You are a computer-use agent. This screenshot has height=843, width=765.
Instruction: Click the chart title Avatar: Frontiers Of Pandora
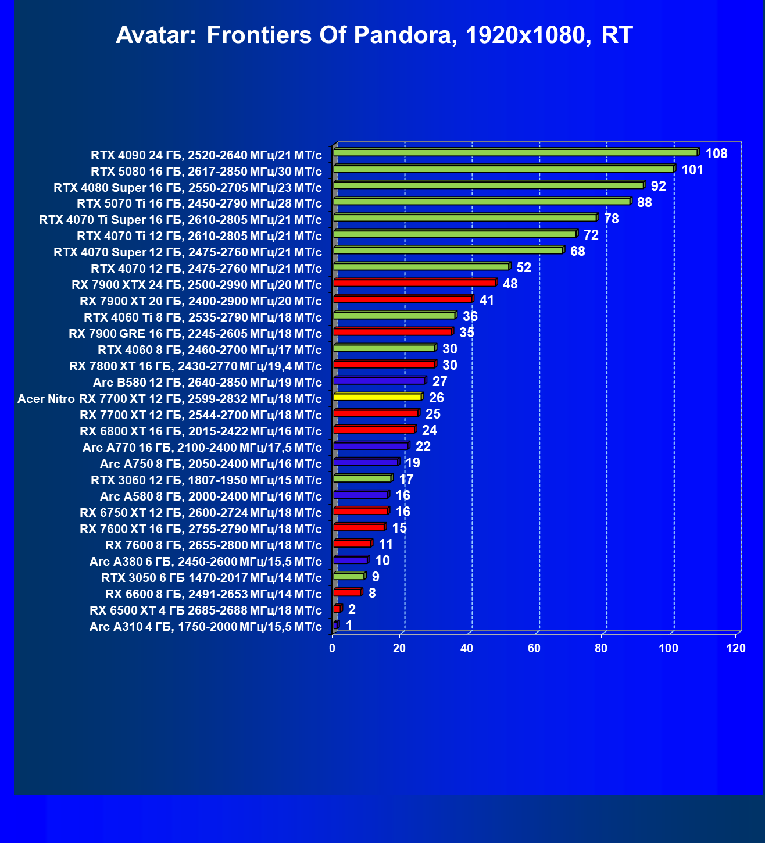(x=374, y=35)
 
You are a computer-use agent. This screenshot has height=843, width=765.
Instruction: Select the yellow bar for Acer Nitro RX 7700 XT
(x=378, y=397)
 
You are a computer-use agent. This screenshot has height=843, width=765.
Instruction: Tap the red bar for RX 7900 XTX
(x=414, y=283)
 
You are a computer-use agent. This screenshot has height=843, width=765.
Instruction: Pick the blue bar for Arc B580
(x=380, y=381)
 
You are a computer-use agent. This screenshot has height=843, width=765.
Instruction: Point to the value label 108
(x=716, y=153)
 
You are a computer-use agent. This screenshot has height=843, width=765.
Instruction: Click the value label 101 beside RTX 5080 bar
(x=692, y=170)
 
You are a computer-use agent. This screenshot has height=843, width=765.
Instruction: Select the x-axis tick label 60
(x=534, y=648)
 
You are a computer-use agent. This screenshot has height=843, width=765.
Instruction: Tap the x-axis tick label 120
(x=736, y=648)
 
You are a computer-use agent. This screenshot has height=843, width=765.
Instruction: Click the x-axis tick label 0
(x=333, y=648)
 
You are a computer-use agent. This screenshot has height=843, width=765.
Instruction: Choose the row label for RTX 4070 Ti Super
(x=180, y=220)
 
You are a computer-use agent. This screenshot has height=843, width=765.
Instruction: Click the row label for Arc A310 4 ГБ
(x=205, y=627)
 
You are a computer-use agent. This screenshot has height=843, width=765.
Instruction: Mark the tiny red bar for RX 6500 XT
(x=337, y=609)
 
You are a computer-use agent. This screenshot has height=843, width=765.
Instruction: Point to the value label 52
(x=524, y=267)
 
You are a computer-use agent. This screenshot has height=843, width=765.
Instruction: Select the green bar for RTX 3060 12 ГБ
(x=363, y=478)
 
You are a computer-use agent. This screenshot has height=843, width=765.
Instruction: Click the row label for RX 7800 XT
(x=195, y=366)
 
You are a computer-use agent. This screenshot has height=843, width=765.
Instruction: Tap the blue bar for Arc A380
(x=351, y=560)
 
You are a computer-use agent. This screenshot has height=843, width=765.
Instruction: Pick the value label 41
(x=487, y=300)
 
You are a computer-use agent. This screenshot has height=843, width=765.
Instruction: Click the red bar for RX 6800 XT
(x=374, y=430)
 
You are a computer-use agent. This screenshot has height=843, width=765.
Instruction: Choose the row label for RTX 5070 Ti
(x=199, y=203)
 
